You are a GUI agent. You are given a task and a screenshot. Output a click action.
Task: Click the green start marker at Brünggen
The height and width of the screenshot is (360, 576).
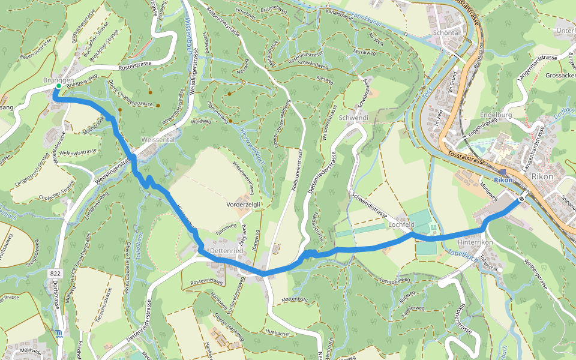[x=59, y=86]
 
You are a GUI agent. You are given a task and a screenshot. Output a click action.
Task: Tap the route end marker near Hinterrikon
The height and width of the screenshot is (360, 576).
[x=522, y=199]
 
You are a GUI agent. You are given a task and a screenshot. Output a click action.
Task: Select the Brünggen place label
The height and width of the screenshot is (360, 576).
[x=58, y=80]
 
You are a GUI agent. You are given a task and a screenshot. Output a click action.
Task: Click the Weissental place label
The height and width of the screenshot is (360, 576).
[x=157, y=139]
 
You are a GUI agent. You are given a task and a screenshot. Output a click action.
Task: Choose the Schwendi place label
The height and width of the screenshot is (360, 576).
[x=354, y=118]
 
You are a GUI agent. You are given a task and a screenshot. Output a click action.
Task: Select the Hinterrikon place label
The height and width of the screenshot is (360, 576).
[x=475, y=242]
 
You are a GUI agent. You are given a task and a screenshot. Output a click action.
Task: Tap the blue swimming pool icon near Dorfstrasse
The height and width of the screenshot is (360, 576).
[x=58, y=334]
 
